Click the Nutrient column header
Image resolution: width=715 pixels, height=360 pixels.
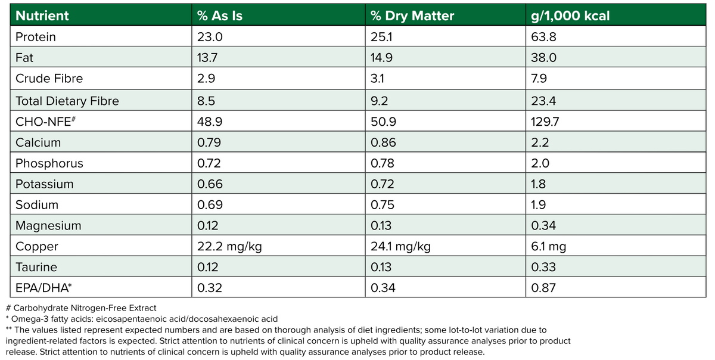click(x=42, y=16)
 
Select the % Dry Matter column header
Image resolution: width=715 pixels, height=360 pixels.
click(x=412, y=16)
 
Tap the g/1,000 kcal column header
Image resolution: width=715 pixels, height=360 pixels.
click(x=570, y=16)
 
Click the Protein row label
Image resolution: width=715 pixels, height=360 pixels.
click(x=36, y=37)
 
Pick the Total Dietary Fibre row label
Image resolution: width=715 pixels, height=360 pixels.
click(x=67, y=101)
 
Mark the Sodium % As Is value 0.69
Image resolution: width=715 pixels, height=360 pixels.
click(x=210, y=205)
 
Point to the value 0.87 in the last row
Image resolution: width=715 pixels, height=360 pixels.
click(x=543, y=288)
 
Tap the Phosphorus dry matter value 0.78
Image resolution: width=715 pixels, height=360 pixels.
click(x=383, y=163)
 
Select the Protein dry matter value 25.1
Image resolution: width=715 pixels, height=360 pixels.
click(x=380, y=37)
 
